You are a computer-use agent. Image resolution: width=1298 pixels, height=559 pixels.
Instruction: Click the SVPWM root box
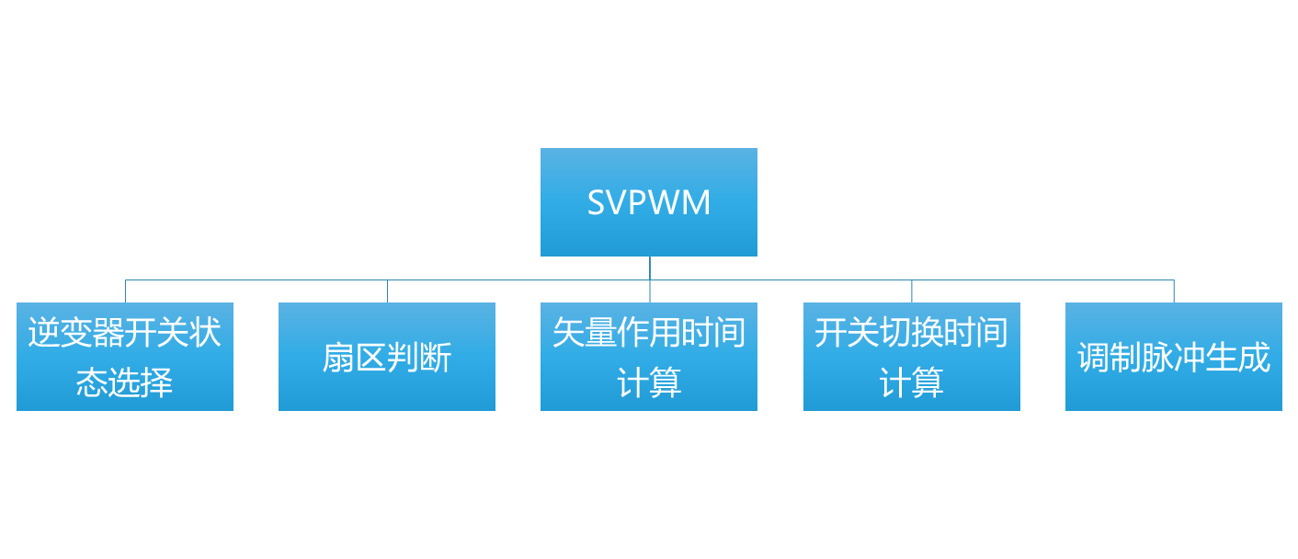[648, 202]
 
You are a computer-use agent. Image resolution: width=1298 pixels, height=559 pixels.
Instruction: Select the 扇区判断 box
[386, 356]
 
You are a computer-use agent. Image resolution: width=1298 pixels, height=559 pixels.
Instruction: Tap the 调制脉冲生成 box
[1173, 356]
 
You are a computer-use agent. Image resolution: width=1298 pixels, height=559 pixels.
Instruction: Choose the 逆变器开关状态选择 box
[125, 356]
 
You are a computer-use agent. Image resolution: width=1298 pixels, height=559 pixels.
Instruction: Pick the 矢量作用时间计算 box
[648, 356]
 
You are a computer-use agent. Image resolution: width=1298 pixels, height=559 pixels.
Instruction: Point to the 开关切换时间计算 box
[912, 356]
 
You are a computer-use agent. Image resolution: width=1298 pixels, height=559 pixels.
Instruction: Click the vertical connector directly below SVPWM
[650, 268]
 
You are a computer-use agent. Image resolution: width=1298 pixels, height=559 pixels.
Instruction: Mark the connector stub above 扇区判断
[387, 291]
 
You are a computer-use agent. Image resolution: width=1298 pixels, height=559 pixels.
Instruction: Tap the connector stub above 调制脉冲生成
[1174, 291]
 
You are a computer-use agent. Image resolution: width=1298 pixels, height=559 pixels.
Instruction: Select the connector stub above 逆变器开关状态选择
[125, 291]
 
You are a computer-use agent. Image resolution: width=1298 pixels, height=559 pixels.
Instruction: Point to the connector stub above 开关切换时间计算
[912, 291]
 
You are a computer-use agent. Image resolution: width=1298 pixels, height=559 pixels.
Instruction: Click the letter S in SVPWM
[597, 203]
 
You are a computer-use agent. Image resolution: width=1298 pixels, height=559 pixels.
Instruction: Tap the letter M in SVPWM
[697, 203]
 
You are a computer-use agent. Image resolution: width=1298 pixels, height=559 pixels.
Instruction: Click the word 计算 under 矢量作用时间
[649, 382]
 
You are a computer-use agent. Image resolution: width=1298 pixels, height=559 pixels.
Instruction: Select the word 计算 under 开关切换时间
[912, 382]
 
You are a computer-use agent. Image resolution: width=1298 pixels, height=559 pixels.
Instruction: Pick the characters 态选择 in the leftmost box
[125, 382]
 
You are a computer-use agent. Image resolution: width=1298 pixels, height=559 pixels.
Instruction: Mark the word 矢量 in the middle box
[585, 333]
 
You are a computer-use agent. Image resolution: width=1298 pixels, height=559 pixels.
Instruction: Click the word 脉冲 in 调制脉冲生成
[1173, 357]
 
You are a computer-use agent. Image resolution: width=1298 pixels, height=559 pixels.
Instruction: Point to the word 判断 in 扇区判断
[419, 357]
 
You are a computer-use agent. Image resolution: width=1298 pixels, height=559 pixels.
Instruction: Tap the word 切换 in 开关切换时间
[912, 333]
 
